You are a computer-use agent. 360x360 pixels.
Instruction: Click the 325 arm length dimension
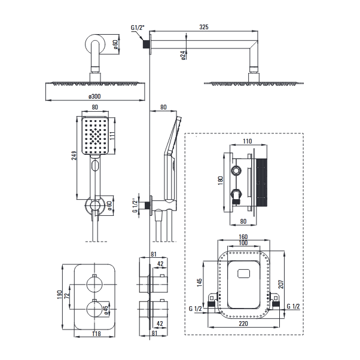(x=204, y=27)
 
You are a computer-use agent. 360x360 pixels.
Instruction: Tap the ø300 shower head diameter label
(x=94, y=96)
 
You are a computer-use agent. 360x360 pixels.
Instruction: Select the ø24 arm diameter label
(x=183, y=56)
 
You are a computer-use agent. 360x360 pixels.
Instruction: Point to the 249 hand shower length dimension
(x=74, y=155)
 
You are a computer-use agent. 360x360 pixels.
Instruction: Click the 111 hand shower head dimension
(x=112, y=136)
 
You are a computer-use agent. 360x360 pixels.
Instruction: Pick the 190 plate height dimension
(x=59, y=295)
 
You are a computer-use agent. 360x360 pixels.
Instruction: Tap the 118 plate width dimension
(x=96, y=334)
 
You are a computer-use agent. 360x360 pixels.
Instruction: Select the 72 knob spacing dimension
(x=67, y=295)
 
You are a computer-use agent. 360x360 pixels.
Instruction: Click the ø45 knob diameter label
(x=106, y=310)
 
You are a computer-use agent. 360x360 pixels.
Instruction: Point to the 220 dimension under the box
(x=243, y=324)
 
